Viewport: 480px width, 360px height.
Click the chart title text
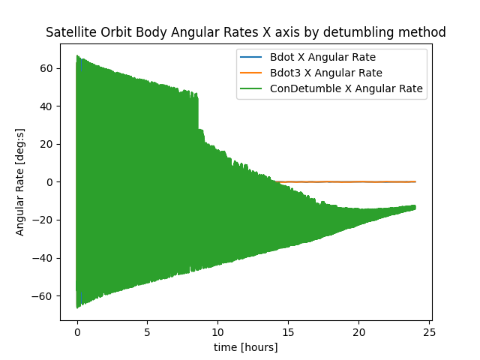246,32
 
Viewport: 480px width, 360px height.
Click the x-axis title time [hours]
246,347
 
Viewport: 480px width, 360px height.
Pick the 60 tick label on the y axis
46,68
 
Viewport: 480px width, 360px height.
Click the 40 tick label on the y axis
46,106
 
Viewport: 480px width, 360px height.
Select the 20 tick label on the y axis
46,144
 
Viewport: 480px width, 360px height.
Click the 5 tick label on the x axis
148,331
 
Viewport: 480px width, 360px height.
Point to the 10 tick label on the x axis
218,331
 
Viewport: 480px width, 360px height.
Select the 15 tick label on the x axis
289,331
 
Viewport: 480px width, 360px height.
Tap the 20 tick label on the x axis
359,331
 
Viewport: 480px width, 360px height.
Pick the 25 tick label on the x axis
430,331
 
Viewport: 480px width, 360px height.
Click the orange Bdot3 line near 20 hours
359,181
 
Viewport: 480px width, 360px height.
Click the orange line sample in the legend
252,73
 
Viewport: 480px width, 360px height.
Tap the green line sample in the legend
252,88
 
